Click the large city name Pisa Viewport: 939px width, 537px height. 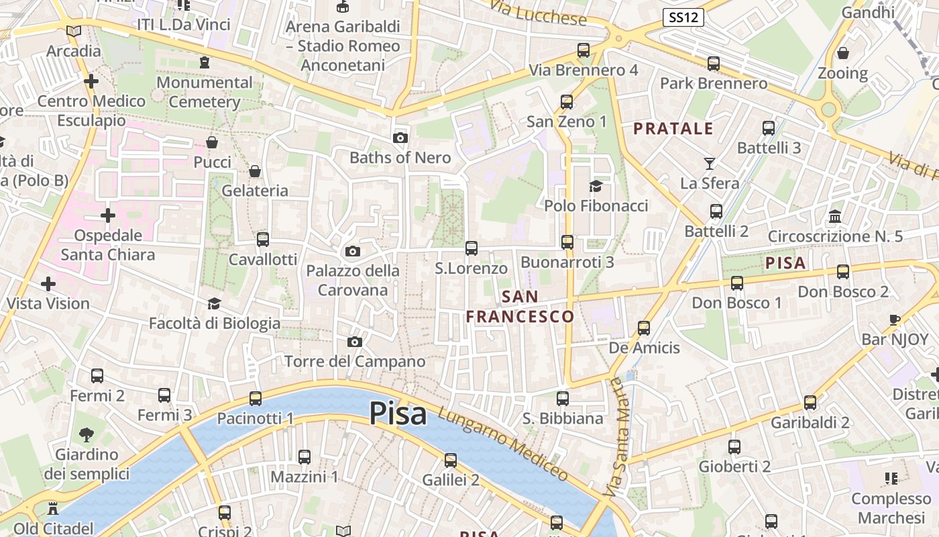[x=398, y=413]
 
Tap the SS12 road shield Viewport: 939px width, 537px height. [x=683, y=17]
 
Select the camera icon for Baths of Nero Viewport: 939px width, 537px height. [x=400, y=138]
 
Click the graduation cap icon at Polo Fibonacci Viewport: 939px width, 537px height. [x=596, y=186]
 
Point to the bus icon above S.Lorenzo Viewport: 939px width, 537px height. [x=472, y=248]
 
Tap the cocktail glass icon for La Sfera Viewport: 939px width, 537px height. [x=710, y=163]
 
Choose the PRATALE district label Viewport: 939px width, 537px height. [x=673, y=129]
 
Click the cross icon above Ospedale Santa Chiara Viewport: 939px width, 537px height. [x=108, y=215]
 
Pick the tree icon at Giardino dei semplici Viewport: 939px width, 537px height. [x=87, y=435]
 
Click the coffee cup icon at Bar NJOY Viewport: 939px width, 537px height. [x=894, y=320]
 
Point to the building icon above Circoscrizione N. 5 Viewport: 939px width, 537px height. [x=835, y=216]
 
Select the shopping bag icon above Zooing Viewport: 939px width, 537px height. [x=843, y=53]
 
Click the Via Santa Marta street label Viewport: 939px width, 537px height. [x=620, y=436]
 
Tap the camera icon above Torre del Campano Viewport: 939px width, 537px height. [x=355, y=342]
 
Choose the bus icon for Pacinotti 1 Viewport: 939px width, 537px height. [x=256, y=399]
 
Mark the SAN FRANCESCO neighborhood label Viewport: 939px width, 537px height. [x=520, y=306]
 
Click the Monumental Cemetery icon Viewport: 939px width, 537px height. [x=205, y=62]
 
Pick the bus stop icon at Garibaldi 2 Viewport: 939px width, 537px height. [x=810, y=403]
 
